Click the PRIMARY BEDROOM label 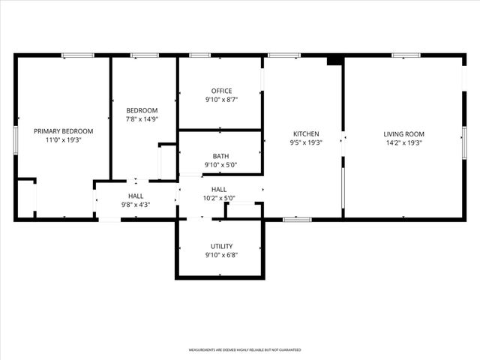click(64, 130)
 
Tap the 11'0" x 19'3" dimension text click(64, 139)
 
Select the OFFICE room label click(220, 91)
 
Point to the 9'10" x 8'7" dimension click(220, 100)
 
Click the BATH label click(220, 156)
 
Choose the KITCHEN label click(305, 133)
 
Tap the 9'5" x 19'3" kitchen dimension click(305, 142)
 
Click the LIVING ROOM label click(404, 133)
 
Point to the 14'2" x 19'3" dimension click(404, 142)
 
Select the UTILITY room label click(220, 246)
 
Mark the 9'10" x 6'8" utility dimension click(220, 255)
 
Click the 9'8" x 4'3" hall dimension click(135, 205)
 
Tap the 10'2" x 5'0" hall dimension click(219, 199)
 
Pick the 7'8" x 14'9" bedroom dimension click(142, 118)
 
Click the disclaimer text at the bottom click(244, 350)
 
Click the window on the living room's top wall click(406, 55)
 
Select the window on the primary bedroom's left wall click(16, 140)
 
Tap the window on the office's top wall click(199, 55)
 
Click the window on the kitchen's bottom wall click(297, 219)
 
